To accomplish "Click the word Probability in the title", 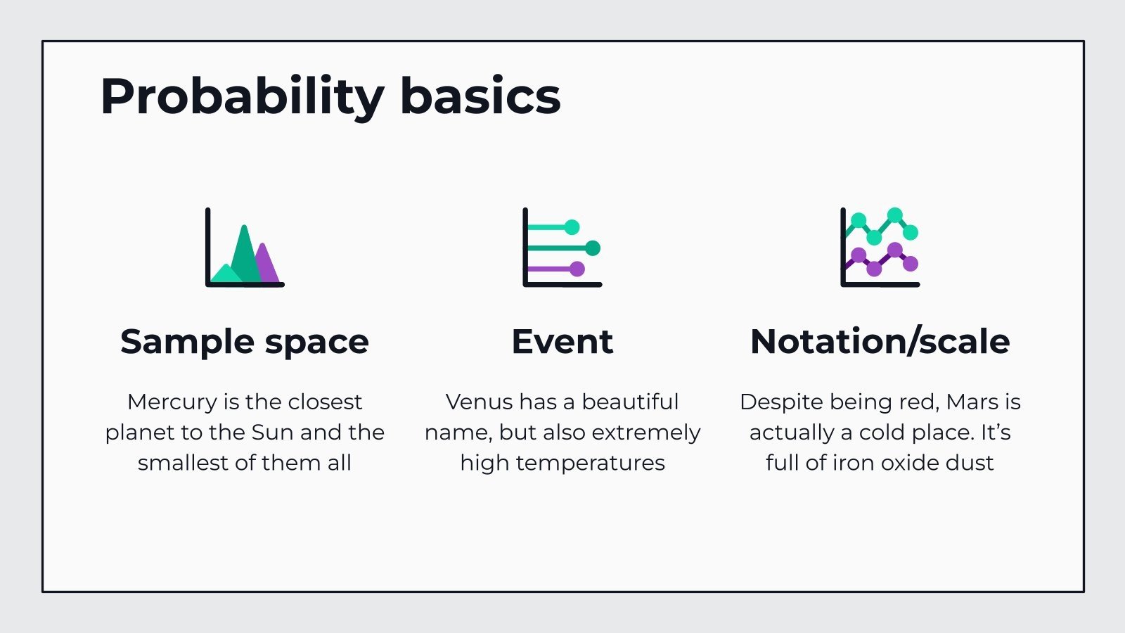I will (x=242, y=96).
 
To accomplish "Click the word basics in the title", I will (x=480, y=96).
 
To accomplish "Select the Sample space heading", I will (x=245, y=342).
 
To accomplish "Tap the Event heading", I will (x=562, y=342).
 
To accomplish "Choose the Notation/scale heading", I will (x=880, y=342).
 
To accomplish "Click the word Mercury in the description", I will (x=172, y=402).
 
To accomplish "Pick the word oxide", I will (x=913, y=463).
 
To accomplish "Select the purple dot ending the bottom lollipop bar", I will (x=577, y=269).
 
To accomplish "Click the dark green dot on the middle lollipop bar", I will (x=593, y=248).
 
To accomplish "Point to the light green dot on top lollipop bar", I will (x=572, y=227).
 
